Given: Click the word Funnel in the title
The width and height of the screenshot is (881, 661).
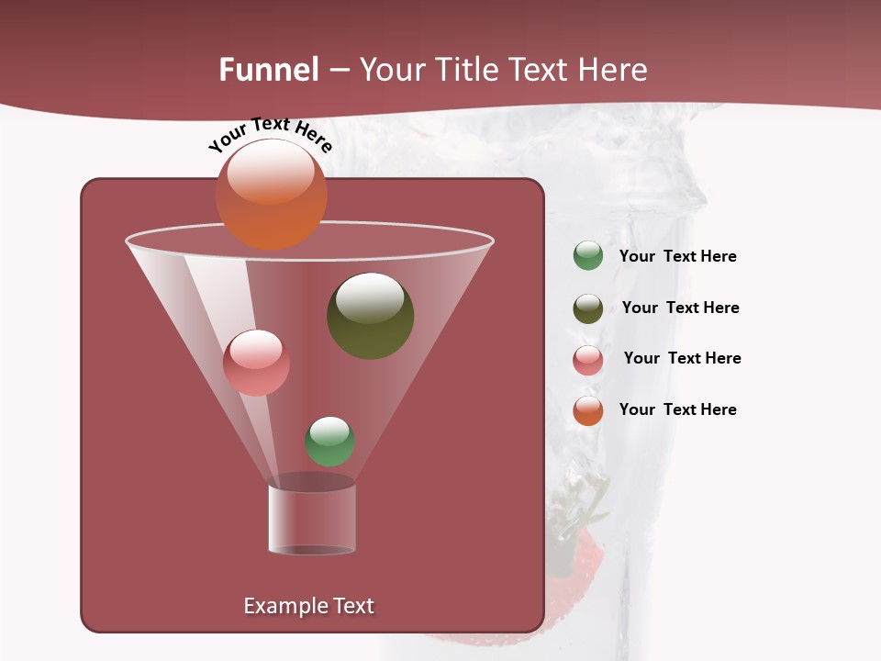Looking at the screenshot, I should pyautogui.click(x=269, y=70).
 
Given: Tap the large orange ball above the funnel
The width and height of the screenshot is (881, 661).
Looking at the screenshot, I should pyautogui.click(x=271, y=194).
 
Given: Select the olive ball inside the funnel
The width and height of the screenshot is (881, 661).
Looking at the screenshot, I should pyautogui.click(x=370, y=315).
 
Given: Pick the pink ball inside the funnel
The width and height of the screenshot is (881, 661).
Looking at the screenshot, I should pyautogui.click(x=256, y=363).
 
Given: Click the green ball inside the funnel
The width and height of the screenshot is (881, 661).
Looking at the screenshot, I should pyautogui.click(x=329, y=441).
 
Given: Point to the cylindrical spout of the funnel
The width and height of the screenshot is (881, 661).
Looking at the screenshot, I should pyautogui.click(x=312, y=519).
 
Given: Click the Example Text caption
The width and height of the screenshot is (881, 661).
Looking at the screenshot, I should pyautogui.click(x=308, y=606).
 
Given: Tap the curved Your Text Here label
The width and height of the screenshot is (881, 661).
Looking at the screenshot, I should pyautogui.click(x=270, y=134).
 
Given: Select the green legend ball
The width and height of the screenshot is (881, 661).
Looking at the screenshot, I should pyautogui.click(x=588, y=256).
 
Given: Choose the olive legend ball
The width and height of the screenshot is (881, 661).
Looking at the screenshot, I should pyautogui.click(x=588, y=308).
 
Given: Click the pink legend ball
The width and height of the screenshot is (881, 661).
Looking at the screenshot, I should pyautogui.click(x=588, y=360).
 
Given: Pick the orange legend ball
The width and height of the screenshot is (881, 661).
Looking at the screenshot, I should pyautogui.click(x=588, y=410).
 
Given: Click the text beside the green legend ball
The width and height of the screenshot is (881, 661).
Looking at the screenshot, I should pyautogui.click(x=677, y=257).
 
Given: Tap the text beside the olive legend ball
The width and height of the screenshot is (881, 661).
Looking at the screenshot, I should pyautogui.click(x=680, y=308).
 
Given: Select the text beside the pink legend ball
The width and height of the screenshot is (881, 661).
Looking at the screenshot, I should pyautogui.click(x=682, y=359).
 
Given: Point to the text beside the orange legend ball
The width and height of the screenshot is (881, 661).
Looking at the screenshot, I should pyautogui.click(x=677, y=410).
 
